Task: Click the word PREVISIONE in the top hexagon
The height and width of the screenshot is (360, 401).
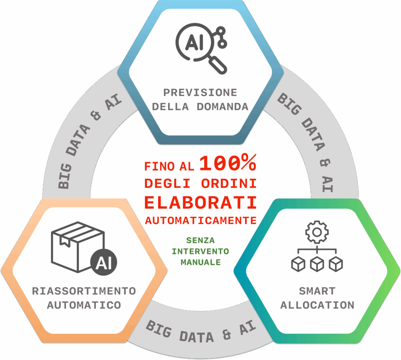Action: (200, 93)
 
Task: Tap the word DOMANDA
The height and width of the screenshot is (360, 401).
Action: (223, 106)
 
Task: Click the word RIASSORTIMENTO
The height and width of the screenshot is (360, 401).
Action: (84, 291)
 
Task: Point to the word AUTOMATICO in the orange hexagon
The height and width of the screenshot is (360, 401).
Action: (84, 305)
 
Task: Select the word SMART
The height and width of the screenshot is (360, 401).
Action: (317, 291)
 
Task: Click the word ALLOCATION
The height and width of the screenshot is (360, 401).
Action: (317, 305)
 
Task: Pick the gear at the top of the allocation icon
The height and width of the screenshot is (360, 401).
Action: (317, 232)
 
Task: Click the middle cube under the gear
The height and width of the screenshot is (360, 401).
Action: (317, 264)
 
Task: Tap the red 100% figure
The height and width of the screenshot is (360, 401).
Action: (228, 164)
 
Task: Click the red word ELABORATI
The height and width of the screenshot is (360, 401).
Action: (200, 202)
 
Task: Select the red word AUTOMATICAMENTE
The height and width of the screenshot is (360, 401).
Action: (200, 220)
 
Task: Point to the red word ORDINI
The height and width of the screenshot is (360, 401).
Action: (229, 183)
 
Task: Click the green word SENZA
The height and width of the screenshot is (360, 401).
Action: (200, 240)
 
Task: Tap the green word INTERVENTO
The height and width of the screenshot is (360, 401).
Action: (200, 251)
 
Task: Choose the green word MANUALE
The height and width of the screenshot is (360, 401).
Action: (200, 262)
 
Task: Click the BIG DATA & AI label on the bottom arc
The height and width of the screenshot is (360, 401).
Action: (200, 332)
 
